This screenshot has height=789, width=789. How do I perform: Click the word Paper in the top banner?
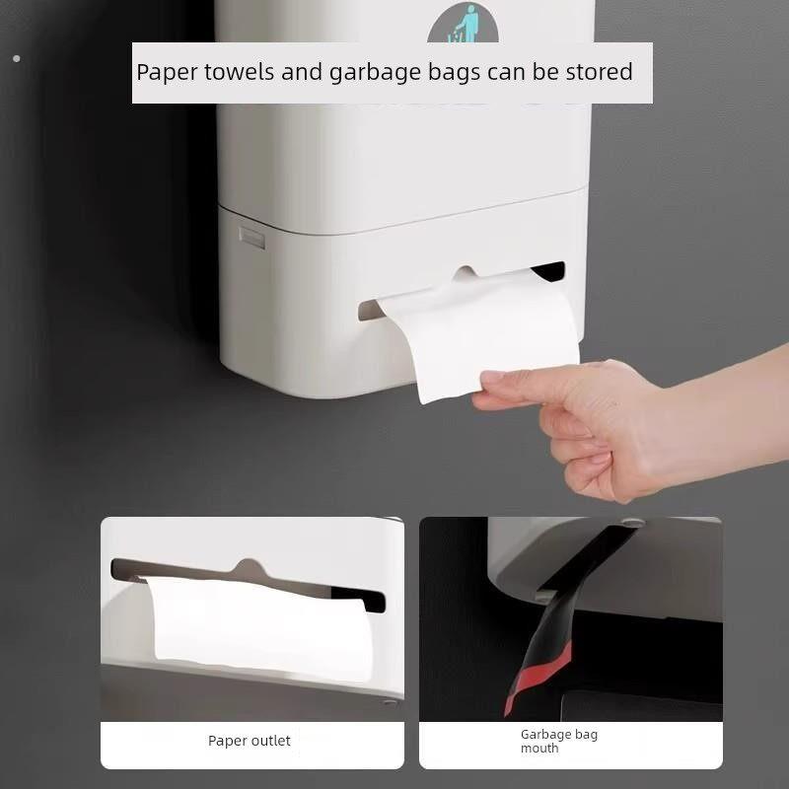pyautogui.click(x=168, y=72)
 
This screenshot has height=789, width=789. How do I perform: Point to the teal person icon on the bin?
pyautogui.click(x=464, y=24)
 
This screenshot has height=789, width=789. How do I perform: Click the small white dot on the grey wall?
pyautogui.click(x=17, y=59)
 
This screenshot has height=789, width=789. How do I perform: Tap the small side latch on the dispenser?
pyautogui.click(x=252, y=238)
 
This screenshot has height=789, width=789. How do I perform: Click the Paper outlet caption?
pyautogui.click(x=250, y=741)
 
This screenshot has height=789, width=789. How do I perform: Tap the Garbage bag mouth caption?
pyautogui.click(x=559, y=742)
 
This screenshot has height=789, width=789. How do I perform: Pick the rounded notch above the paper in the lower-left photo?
pyautogui.click(x=249, y=566)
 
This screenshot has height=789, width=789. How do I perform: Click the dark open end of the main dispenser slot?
pyautogui.click(x=550, y=272)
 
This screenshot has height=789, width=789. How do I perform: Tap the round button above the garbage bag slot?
pyautogui.click(x=632, y=523)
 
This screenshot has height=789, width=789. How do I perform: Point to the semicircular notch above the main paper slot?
pyautogui.click(x=466, y=272)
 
